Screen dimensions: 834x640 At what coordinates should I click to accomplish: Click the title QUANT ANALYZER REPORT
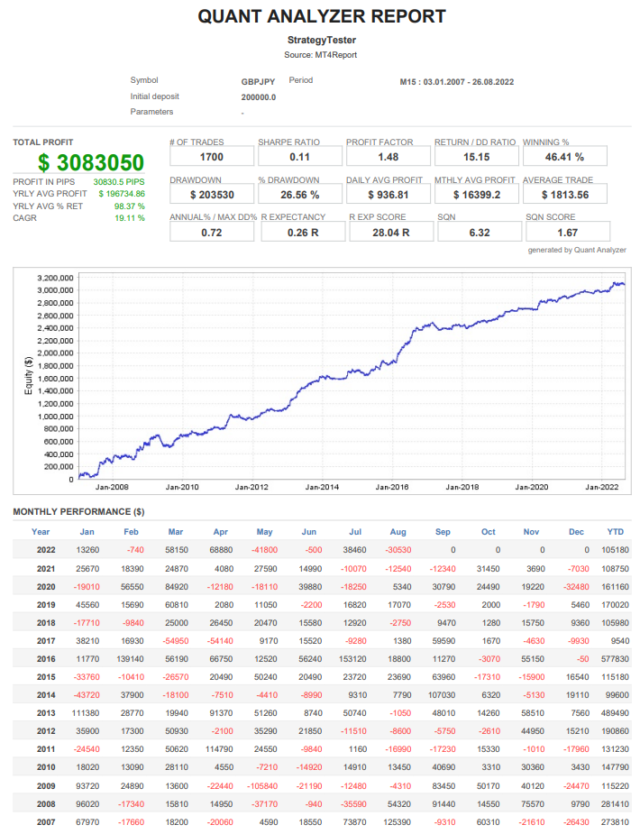click(x=321, y=16)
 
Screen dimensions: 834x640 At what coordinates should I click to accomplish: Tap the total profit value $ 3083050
click(x=91, y=162)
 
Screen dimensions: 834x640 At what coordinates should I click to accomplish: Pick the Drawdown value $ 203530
click(x=212, y=194)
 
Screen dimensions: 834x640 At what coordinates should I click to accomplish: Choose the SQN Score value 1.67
click(x=566, y=233)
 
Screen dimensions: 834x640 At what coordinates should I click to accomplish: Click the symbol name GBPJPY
click(x=259, y=81)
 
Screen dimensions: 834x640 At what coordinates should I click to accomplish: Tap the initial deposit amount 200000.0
click(x=259, y=96)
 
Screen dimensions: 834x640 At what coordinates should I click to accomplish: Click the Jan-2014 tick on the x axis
click(x=323, y=487)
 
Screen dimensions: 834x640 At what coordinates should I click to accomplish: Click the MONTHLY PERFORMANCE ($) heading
click(x=78, y=512)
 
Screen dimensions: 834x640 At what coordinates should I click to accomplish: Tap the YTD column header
click(x=616, y=531)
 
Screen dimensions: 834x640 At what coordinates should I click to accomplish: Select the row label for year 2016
click(x=44, y=659)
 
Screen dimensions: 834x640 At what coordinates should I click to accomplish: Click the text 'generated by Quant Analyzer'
click(x=576, y=250)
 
